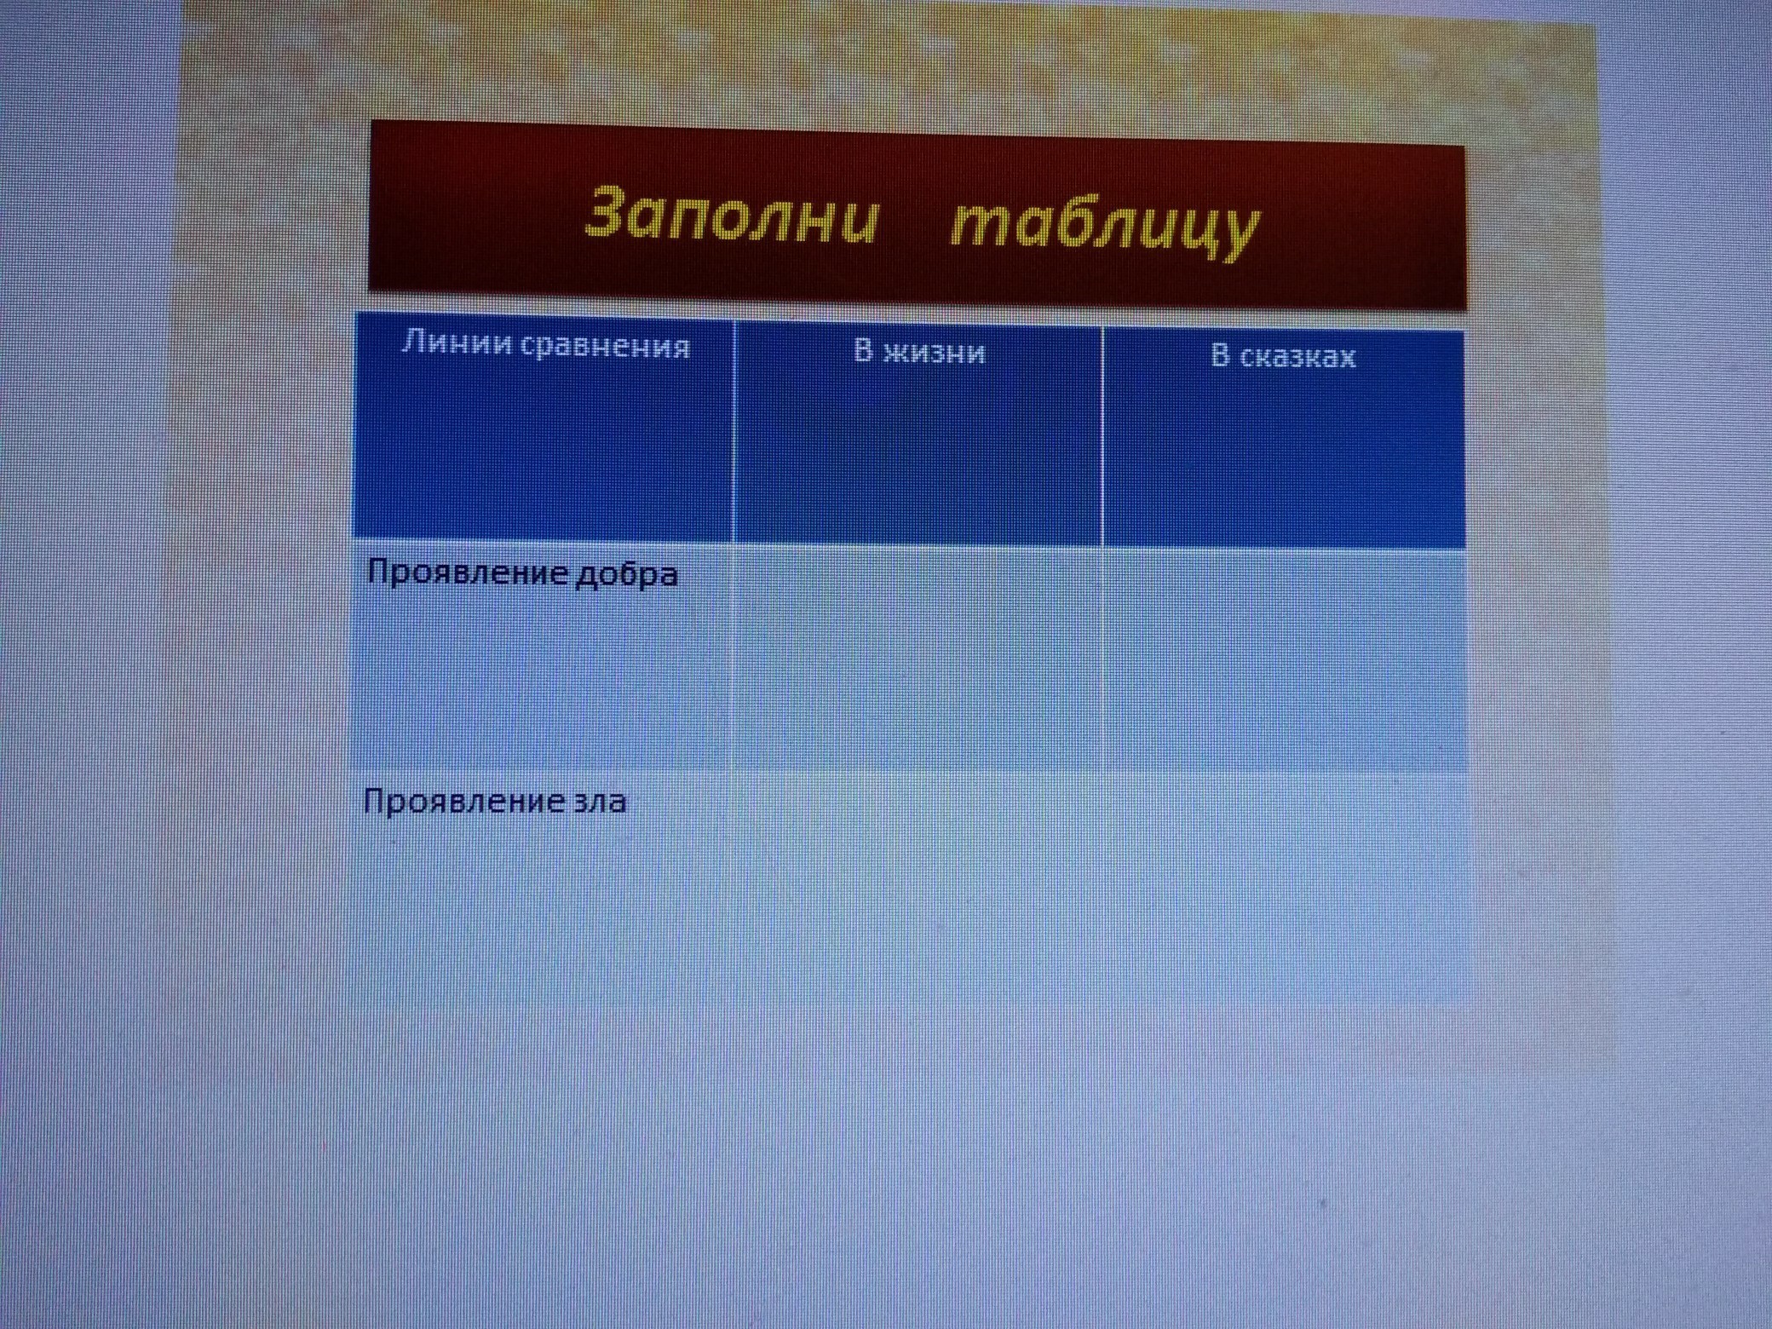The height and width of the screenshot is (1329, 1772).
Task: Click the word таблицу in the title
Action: (x=1105, y=224)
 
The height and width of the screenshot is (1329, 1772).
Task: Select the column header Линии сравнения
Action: (x=545, y=345)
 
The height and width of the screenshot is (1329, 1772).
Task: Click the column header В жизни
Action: (x=919, y=351)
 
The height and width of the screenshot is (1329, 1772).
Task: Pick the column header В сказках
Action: (x=1283, y=356)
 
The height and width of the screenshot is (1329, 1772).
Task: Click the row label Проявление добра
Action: (x=522, y=573)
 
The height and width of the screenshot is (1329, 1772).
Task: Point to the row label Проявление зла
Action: (x=494, y=802)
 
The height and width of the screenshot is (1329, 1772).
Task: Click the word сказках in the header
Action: (x=1297, y=357)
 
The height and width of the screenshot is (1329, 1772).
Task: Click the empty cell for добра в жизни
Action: (x=918, y=659)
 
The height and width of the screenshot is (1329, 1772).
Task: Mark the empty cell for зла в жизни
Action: (x=918, y=886)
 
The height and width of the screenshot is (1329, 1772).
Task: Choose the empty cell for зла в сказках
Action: (x=1286, y=888)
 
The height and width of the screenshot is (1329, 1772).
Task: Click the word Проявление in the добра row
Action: (x=468, y=573)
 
